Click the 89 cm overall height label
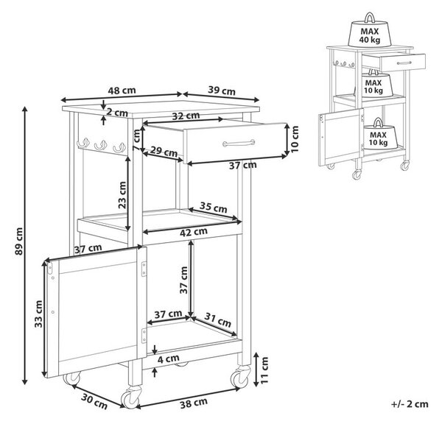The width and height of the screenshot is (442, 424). click(x=19, y=241)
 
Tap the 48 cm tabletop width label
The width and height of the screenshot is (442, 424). click(x=122, y=91)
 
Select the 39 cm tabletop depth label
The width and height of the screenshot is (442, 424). click(x=222, y=91)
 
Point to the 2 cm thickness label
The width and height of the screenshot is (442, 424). click(x=117, y=113)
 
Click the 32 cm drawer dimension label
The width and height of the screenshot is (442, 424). click(x=186, y=116)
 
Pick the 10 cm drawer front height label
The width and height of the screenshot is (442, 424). click(x=294, y=139)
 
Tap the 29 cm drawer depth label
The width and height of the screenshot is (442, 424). click(x=164, y=152)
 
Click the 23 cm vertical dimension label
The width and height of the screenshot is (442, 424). click(x=122, y=195)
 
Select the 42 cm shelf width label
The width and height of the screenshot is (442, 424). click(x=194, y=232)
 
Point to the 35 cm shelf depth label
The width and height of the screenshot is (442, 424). click(x=214, y=208)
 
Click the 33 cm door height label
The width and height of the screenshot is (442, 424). click(x=38, y=314)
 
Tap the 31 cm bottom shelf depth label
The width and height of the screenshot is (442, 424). click(x=217, y=319)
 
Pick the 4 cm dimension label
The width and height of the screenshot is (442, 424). click(x=168, y=359)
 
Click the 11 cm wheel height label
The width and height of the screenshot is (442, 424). click(x=264, y=370)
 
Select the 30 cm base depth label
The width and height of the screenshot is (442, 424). click(x=94, y=401)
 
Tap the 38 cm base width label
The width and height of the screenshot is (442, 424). click(x=194, y=403)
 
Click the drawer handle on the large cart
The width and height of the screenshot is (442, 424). click(x=239, y=143)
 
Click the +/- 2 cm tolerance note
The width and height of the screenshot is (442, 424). click(x=410, y=404)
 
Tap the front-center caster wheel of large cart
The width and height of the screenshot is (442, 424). click(x=131, y=397)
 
